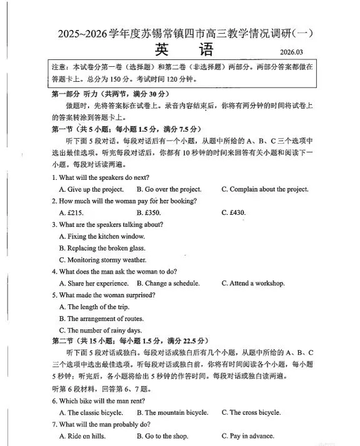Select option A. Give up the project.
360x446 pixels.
(x=91, y=189)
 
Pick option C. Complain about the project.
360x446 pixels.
(x=264, y=189)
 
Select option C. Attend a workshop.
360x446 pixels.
(x=252, y=283)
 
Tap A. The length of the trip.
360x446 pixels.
(x=93, y=307)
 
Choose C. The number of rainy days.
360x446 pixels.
(x=100, y=330)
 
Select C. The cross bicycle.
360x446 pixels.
(x=251, y=412)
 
